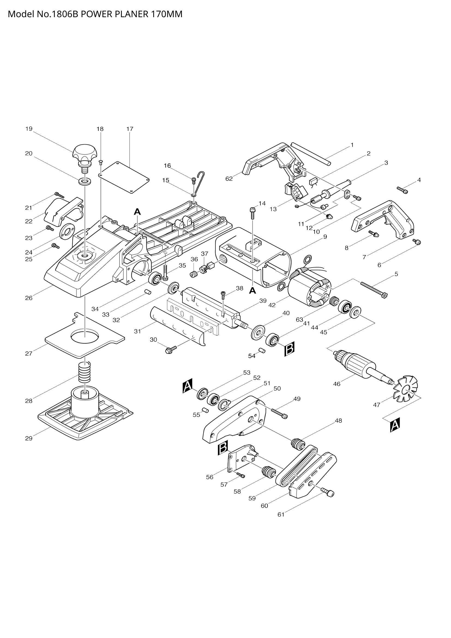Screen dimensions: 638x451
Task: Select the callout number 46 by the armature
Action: pyautogui.click(x=336, y=384)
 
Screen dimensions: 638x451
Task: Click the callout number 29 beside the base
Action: pyautogui.click(x=29, y=439)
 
